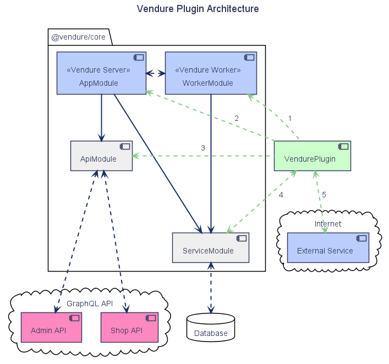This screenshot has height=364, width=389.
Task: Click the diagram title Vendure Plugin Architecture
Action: [198, 9]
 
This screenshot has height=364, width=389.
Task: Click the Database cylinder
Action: [210, 327]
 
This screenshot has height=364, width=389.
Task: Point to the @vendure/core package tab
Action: [78, 37]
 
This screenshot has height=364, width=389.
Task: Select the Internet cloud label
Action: [328, 224]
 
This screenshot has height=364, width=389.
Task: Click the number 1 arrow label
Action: [289, 118]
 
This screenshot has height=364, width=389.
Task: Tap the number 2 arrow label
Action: [237, 118]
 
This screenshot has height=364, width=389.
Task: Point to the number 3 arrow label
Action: [203, 148]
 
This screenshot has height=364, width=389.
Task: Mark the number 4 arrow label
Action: [281, 195]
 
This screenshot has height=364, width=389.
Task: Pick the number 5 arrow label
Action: [324, 195]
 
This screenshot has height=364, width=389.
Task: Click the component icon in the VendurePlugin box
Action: [343, 147]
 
